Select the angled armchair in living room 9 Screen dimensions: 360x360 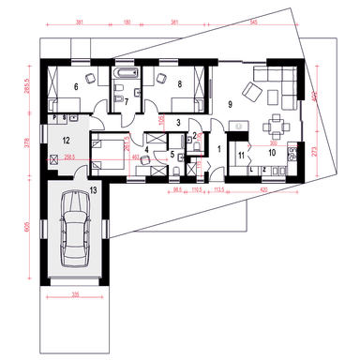coord(252,92)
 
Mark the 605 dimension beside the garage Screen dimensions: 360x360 coord(30,226)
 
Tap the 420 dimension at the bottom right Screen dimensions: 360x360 coord(263,188)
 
